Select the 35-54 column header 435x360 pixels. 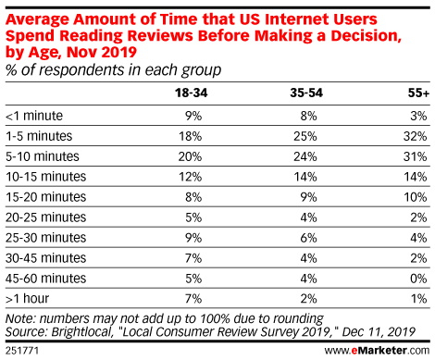click(303, 93)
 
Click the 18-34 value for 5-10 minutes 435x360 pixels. click(189, 156)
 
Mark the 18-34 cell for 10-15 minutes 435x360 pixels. click(189, 177)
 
